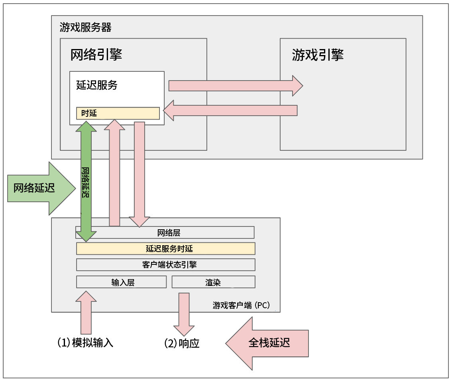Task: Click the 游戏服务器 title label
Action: pyautogui.click(x=85, y=28)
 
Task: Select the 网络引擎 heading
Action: pyautogui.click(x=96, y=55)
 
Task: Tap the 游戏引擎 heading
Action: pyautogui.click(x=317, y=55)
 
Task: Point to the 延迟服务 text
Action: pyautogui.click(x=96, y=85)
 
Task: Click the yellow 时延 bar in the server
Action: pyautogui.click(x=118, y=113)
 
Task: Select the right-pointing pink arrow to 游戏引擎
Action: pyautogui.click(x=235, y=86)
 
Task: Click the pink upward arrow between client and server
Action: pyautogui.click(x=114, y=173)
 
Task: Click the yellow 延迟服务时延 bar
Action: pyautogui.click(x=166, y=248)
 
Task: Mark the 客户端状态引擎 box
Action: pyautogui.click(x=166, y=265)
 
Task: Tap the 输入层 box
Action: pyautogui.click(x=121, y=282)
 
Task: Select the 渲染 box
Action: pyautogui.click(x=213, y=282)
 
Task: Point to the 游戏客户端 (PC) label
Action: pyautogui.click(x=242, y=305)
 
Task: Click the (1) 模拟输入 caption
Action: pyautogui.click(x=85, y=343)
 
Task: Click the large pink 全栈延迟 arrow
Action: pyautogui.click(x=267, y=343)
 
